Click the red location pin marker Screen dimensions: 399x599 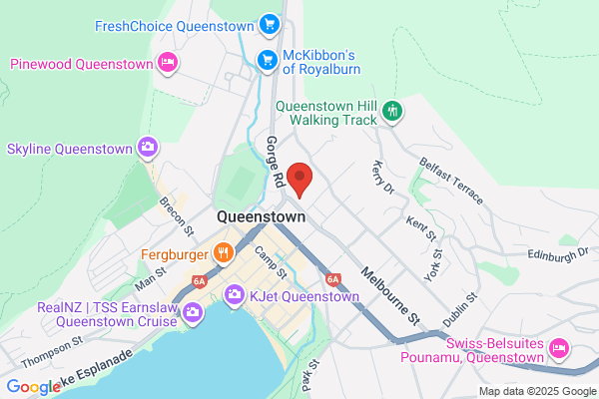click(300, 180)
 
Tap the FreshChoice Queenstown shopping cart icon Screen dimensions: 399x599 click(268, 24)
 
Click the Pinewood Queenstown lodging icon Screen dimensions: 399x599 click(169, 64)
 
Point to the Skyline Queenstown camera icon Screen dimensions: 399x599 click(148, 148)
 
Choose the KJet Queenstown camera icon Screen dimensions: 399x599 click(235, 294)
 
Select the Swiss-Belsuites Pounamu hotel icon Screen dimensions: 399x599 click(559, 349)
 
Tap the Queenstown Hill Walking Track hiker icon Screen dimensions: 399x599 click(393, 111)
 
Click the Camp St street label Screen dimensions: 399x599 click(270, 261)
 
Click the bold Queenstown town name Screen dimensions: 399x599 click(261, 217)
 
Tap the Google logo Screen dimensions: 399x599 click(33, 387)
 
